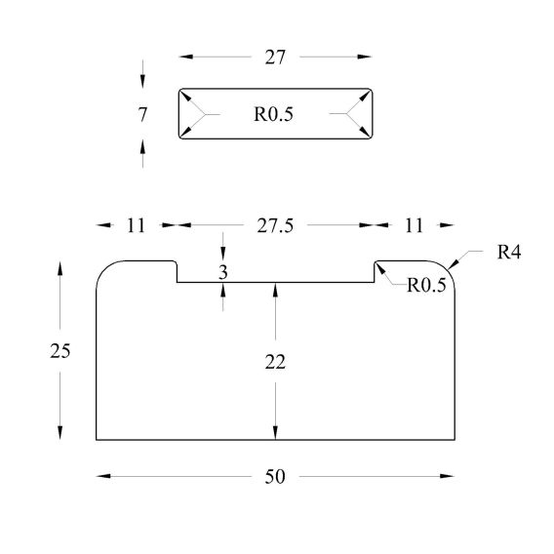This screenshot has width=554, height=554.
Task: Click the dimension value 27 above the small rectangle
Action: point(275,58)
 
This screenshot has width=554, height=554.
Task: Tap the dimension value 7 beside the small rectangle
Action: point(142,114)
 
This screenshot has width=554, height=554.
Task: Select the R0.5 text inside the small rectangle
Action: point(273,114)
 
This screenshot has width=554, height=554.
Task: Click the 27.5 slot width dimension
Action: point(275,225)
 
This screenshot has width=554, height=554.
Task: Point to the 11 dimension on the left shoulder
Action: point(136,225)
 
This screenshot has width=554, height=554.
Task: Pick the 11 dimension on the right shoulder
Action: point(414,225)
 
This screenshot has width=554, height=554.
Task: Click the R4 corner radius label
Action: point(509,253)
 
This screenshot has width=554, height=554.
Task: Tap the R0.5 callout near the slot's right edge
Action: point(426,285)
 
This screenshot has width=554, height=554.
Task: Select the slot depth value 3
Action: point(223,272)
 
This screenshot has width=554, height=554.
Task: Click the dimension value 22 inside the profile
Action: point(275,362)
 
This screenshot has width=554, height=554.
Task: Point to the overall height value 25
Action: point(60,351)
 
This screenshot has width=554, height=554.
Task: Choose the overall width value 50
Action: point(275,477)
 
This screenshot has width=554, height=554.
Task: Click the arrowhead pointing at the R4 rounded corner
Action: point(453,264)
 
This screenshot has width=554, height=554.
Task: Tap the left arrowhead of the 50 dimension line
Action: point(103,476)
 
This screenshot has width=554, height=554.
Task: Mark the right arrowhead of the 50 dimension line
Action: point(448,476)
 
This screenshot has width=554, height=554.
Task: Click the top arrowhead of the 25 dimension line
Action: point(60,268)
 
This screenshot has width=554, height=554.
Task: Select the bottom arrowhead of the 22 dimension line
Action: point(275,433)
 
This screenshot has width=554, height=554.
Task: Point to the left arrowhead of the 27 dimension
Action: point(186,57)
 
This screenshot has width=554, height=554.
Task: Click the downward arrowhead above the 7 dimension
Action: point(142,81)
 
